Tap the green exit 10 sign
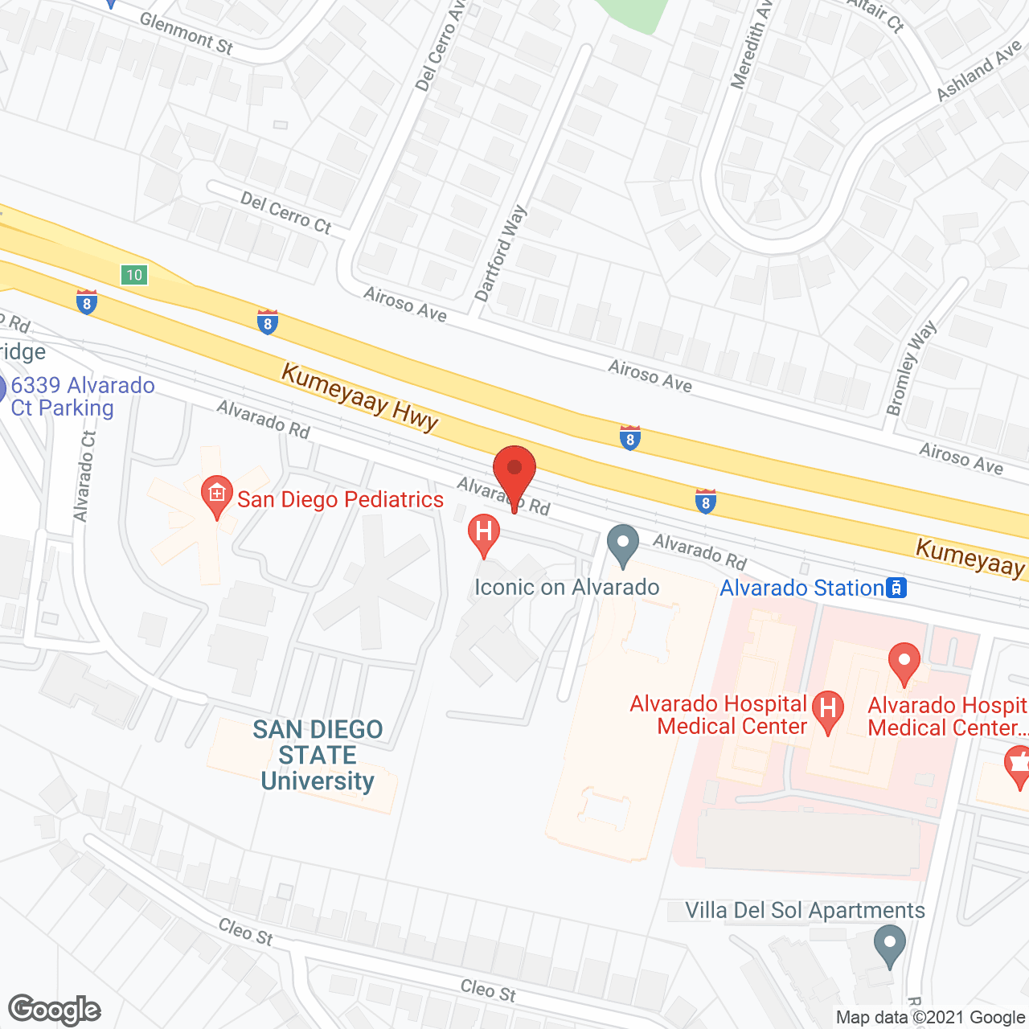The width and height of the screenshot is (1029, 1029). [x=133, y=275]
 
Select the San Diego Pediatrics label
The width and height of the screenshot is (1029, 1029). [x=340, y=499]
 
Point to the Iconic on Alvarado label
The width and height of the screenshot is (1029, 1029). [x=567, y=587]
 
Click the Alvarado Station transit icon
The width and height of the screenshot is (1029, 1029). [x=896, y=588]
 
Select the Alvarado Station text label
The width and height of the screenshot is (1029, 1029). [x=801, y=588]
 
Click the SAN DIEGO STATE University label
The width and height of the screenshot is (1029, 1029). [x=318, y=755]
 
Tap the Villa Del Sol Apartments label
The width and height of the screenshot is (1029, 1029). [x=805, y=910]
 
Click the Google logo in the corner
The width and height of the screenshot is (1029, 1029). [x=54, y=1010]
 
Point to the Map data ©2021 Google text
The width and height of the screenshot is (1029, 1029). [x=931, y=1017]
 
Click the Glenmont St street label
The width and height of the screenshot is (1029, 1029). [x=187, y=33]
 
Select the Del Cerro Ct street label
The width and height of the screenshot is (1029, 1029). [x=286, y=213]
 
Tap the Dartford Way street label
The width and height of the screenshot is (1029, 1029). [x=500, y=253]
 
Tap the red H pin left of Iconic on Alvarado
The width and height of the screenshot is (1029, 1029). [x=484, y=534]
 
